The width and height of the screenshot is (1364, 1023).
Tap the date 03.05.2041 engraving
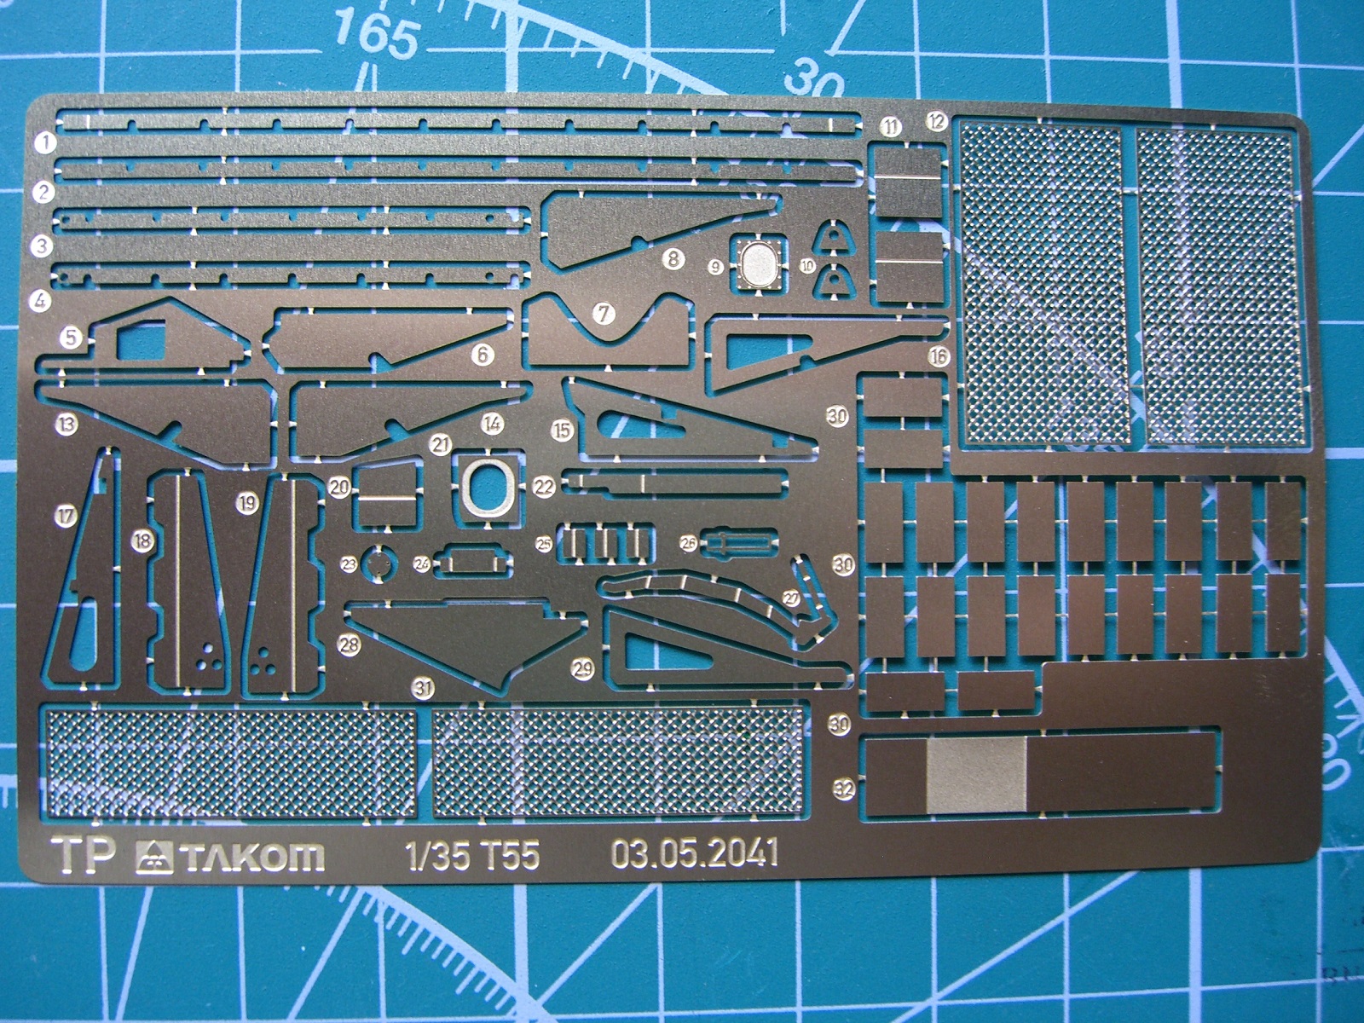tap(695, 853)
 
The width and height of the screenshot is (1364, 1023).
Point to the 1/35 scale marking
tap(437, 855)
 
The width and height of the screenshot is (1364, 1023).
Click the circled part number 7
tap(604, 313)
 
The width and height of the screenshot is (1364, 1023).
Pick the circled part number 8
tap(673, 257)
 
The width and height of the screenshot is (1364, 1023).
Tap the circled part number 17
tap(66, 515)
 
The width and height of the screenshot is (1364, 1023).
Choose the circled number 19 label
tap(247, 503)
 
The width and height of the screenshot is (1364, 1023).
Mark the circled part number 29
tap(583, 668)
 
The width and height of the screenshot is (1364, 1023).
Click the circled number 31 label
tap(423, 688)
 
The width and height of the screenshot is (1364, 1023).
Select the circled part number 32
tap(843, 789)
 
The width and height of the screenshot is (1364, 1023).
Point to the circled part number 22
tap(544, 487)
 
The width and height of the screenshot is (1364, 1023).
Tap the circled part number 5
tap(71, 337)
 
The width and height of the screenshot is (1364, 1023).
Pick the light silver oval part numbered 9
tap(757, 263)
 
